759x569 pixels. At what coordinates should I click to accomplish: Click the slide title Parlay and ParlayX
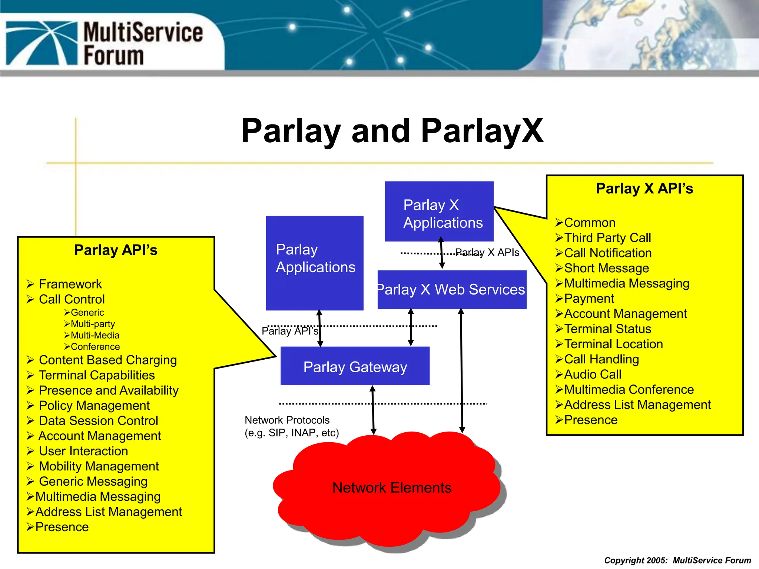(392, 131)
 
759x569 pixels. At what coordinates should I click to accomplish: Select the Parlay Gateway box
(355, 366)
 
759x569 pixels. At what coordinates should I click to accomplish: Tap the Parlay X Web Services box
(452, 289)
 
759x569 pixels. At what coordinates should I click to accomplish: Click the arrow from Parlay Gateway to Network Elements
(373, 410)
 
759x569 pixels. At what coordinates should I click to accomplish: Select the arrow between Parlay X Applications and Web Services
(441, 253)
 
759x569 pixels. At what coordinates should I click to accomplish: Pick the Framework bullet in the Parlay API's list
(70, 284)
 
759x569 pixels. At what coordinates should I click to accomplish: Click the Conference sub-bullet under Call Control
(95, 347)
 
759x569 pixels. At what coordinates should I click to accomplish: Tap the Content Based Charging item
(107, 360)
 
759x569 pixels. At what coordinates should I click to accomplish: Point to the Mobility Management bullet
(99, 466)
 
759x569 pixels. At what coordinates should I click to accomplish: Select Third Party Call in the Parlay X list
(607, 238)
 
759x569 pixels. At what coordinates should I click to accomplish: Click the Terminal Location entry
(613, 344)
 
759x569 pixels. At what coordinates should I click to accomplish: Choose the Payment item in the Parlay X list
(589, 299)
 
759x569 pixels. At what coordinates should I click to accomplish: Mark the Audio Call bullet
(593, 375)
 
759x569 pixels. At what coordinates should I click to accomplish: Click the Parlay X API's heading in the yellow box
(644, 189)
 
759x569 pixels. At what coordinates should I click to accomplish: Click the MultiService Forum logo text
(143, 43)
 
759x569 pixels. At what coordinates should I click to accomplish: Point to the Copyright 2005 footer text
(677, 560)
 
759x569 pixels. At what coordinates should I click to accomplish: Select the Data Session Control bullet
(98, 421)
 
